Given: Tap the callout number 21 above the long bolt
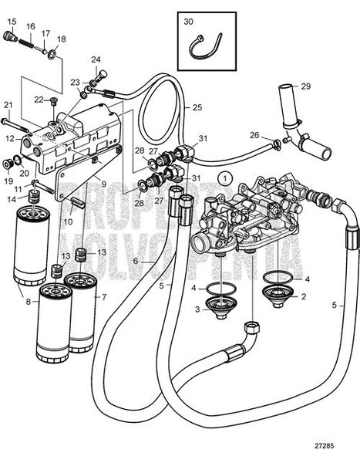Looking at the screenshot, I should pyautogui.click(x=8, y=105).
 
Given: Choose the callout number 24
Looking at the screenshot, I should pyautogui.click(x=96, y=59).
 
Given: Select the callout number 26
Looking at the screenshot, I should pyautogui.click(x=254, y=136).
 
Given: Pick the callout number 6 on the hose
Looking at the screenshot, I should pyautogui.click(x=135, y=262).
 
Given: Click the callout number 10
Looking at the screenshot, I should pyautogui.click(x=68, y=221).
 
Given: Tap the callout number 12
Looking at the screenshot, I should pyautogui.click(x=10, y=139).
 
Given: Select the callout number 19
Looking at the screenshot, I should pyautogui.click(x=9, y=181).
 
